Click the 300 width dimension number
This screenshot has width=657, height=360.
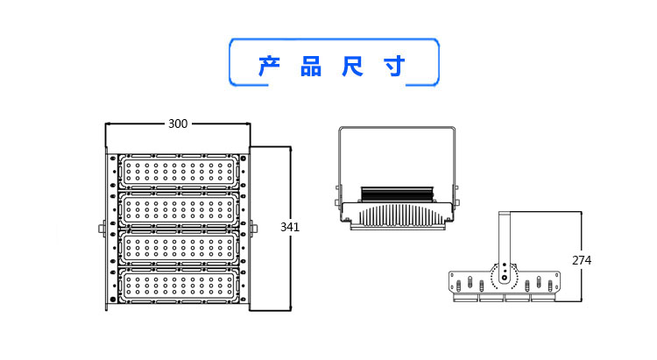(x=178, y=124)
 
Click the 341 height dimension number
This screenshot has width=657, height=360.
(x=290, y=227)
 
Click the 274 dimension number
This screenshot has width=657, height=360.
(x=582, y=260)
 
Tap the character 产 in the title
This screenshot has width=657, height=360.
(x=269, y=67)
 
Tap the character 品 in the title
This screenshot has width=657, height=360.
(x=311, y=67)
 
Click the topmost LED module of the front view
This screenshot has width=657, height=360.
(x=180, y=170)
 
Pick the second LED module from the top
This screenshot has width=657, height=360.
(x=180, y=208)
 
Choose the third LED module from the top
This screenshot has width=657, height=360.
(x=180, y=247)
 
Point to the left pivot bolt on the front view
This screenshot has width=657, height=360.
(x=102, y=230)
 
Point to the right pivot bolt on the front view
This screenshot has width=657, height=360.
(x=254, y=230)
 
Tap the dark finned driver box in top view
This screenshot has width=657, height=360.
(x=399, y=194)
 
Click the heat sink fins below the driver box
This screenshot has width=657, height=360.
(x=399, y=215)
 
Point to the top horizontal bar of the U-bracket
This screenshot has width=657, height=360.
(x=397, y=128)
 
